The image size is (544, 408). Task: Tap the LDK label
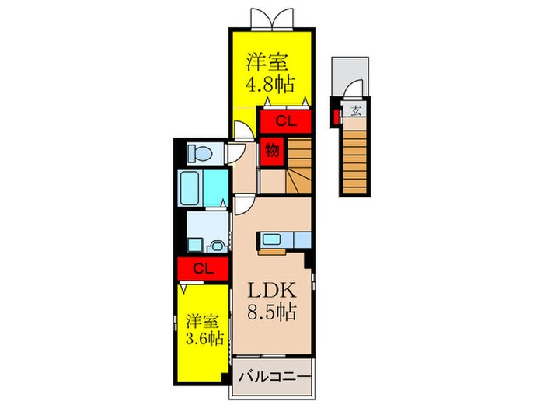point(271,290)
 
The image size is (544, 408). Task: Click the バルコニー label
point(274,377)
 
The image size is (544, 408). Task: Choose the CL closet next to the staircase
point(285,120)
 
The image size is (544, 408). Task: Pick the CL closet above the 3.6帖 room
point(203,269)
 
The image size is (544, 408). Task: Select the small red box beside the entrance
point(336,117)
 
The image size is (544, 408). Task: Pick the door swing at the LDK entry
point(242,203)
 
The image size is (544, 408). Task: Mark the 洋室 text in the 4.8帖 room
point(271,60)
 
